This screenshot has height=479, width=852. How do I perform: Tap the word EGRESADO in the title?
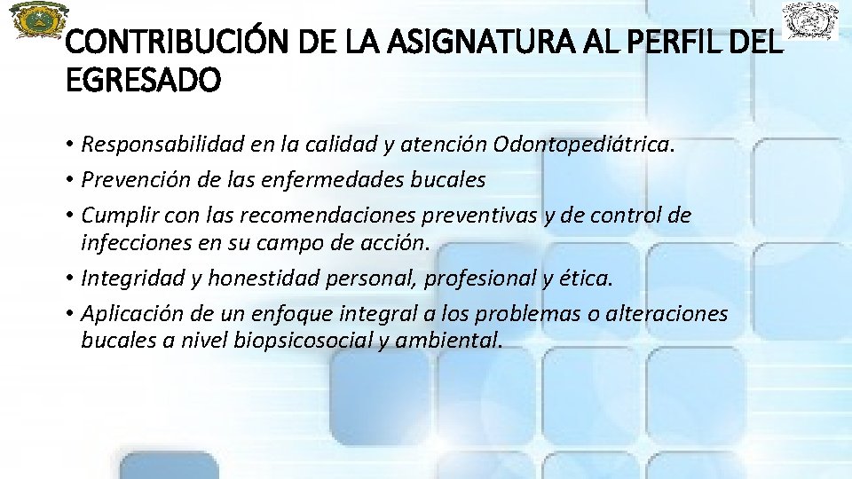pyautogui.click(x=143, y=82)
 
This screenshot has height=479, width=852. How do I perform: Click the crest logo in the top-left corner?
pyautogui.click(x=38, y=20)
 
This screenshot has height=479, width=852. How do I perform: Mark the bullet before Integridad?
pyautogui.click(x=69, y=279)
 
